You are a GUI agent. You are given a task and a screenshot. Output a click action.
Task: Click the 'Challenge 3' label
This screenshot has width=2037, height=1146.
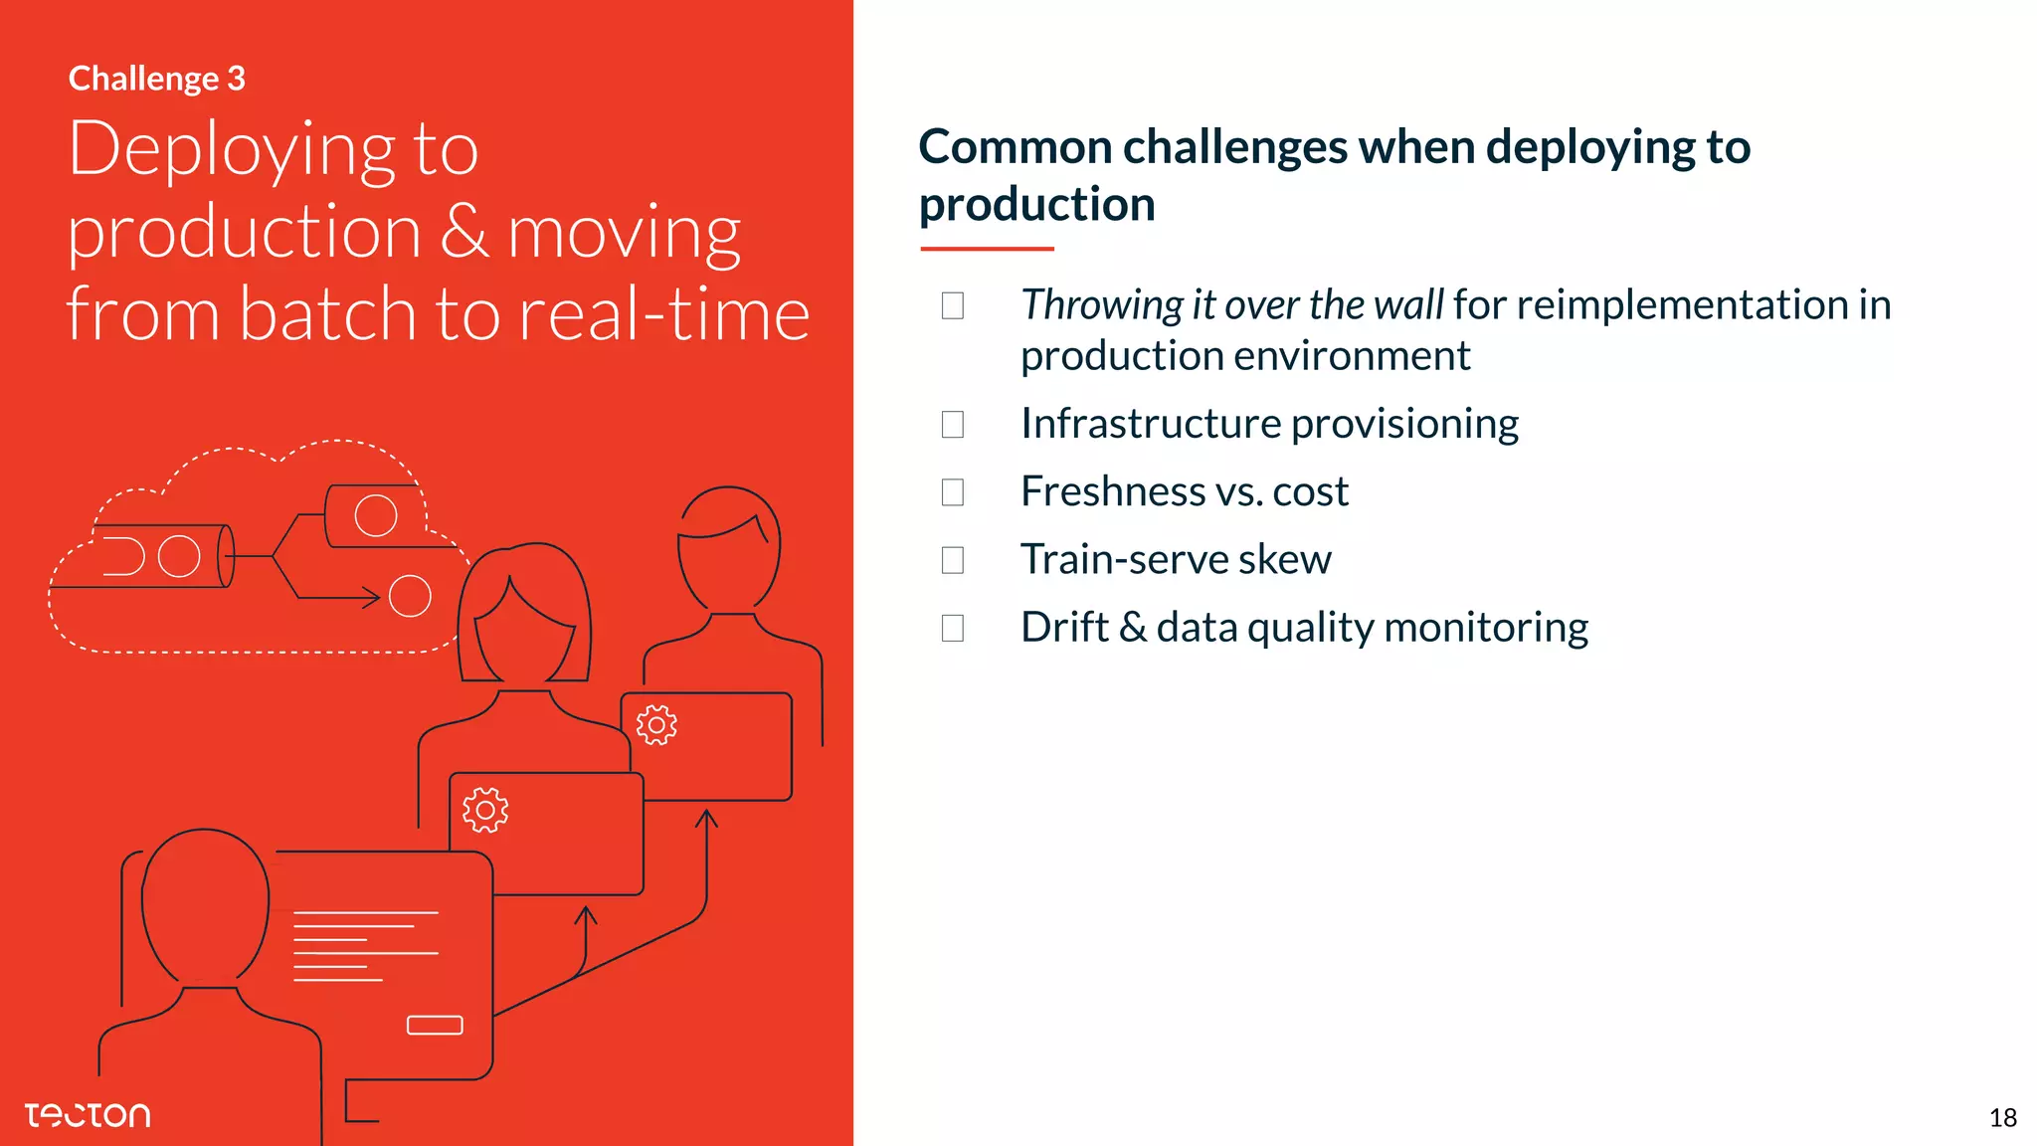pyautogui.click(x=156, y=79)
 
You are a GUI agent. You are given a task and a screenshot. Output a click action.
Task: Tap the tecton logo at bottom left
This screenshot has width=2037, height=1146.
pyautogui.click(x=88, y=1115)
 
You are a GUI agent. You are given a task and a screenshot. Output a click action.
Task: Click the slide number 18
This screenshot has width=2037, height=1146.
pyautogui.click(x=2002, y=1118)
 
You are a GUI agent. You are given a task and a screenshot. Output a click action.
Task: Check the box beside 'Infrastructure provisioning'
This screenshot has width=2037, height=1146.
pyautogui.click(x=953, y=425)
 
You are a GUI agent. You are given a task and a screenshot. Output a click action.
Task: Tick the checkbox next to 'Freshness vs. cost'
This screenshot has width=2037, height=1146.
pyautogui.click(x=953, y=492)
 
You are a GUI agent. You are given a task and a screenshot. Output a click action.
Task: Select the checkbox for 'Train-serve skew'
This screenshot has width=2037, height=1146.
pyautogui.click(x=953, y=560)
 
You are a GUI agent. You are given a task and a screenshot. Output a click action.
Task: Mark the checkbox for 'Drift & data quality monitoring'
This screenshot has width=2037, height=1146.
pyautogui.click(x=953, y=628)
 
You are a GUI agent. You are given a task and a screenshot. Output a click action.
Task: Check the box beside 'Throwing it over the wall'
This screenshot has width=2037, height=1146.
pyautogui.click(x=953, y=305)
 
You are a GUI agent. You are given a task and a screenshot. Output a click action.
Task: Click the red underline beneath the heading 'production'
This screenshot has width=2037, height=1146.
pyautogui.click(x=987, y=249)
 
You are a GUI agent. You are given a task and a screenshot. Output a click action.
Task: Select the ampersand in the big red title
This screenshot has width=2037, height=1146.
pyautogui.click(x=463, y=232)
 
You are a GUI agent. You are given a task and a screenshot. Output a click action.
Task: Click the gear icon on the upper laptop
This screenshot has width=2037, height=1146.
pyautogui.click(x=656, y=725)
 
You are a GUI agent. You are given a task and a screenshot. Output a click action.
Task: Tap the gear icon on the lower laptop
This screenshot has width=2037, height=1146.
pyautogui.click(x=485, y=810)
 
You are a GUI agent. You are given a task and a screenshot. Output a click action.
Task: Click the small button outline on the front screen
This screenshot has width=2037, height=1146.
pyautogui.click(x=435, y=1025)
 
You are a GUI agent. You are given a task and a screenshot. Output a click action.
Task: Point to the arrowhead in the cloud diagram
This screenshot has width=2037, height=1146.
pyautogui.click(x=372, y=598)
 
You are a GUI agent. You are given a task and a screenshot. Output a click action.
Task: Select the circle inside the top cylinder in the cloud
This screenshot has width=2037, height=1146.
pyautogui.click(x=376, y=515)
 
